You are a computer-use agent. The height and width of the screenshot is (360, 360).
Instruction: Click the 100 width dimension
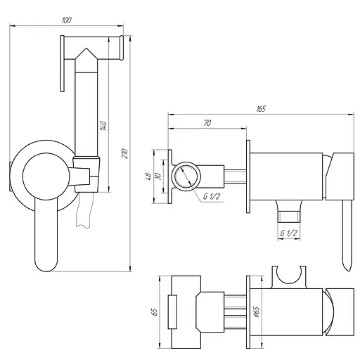[66, 20]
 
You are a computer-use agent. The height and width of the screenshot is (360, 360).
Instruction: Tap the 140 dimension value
[103, 126]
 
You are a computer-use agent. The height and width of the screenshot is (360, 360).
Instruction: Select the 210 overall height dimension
[125, 153]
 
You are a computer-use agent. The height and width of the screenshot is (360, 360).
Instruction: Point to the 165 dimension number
[261, 109]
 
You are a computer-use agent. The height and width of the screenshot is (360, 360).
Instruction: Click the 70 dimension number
[207, 123]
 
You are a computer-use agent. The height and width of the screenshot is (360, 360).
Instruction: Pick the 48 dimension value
[148, 176]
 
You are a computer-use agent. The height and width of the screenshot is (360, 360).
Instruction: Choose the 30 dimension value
[157, 176]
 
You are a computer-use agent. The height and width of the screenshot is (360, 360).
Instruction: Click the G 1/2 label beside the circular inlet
[212, 196]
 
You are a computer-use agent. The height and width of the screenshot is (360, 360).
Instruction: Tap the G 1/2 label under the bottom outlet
[289, 233]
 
